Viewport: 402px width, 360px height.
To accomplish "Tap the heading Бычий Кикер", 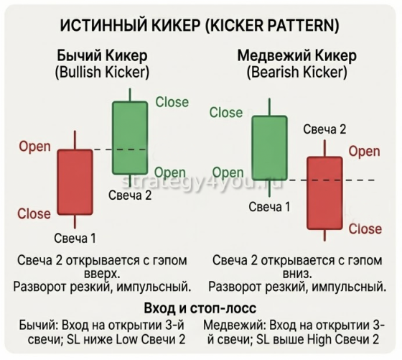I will tap(103, 55).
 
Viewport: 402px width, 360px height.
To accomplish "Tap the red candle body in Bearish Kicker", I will tap(324, 193).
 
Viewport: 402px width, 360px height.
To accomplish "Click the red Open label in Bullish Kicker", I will tap(34, 147).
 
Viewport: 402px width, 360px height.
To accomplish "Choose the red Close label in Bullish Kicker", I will tap(34, 213).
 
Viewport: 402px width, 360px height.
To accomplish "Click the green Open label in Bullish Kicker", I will tap(170, 172).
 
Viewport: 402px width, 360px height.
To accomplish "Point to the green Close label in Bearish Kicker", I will tap(226, 112).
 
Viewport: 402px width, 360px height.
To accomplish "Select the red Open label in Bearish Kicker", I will tap(364, 152).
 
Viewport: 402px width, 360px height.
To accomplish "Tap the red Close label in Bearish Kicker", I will tap(365, 229).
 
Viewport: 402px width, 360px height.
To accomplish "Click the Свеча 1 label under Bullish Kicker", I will tap(75, 238).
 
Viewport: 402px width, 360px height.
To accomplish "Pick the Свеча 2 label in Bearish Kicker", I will tap(324, 129).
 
